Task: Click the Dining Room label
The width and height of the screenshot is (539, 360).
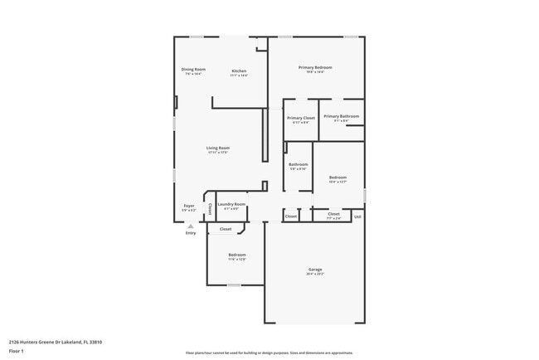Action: (x=193, y=70)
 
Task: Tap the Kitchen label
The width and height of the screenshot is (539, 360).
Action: (x=239, y=71)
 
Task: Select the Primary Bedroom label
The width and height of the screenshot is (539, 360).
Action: (x=315, y=68)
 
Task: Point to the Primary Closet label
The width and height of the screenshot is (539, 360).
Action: (x=301, y=118)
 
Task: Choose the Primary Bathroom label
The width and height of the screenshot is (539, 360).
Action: (x=341, y=117)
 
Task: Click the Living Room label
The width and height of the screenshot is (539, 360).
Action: (x=217, y=148)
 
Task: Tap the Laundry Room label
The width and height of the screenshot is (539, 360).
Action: (x=231, y=204)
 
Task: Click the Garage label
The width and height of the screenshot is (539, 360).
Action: (x=315, y=270)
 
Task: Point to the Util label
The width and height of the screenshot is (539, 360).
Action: (x=357, y=216)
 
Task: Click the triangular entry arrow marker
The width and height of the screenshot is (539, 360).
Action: (x=190, y=226)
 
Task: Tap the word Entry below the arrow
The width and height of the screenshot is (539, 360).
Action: (x=191, y=233)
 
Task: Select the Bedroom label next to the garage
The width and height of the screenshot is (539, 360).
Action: (x=236, y=255)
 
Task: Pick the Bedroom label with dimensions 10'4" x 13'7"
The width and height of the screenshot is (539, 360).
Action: (x=337, y=178)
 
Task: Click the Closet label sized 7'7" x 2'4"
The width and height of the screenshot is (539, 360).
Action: (x=333, y=214)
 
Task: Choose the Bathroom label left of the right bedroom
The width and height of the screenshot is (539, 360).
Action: (x=298, y=165)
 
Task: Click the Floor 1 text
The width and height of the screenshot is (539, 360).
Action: (x=17, y=350)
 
